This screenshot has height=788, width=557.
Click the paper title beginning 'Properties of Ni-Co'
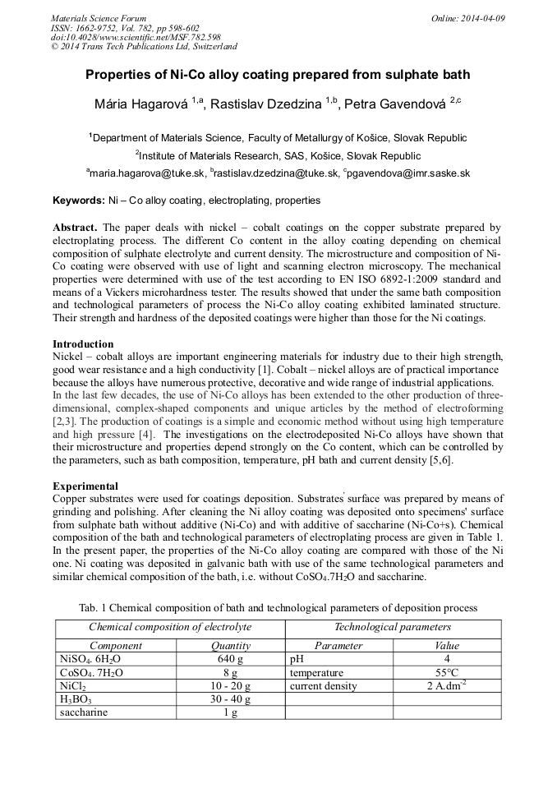[x=278, y=75]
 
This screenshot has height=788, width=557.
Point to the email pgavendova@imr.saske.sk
[x=409, y=173]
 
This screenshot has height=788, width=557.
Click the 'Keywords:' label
[x=79, y=200]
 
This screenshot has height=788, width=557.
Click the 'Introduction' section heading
[x=83, y=343]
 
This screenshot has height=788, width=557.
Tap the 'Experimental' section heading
[x=85, y=486]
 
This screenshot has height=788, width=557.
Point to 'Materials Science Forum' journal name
[x=99, y=18]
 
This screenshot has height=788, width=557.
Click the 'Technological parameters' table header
[x=392, y=627]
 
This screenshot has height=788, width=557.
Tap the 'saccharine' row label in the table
[x=84, y=712]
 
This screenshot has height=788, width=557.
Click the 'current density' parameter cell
[x=324, y=685]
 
